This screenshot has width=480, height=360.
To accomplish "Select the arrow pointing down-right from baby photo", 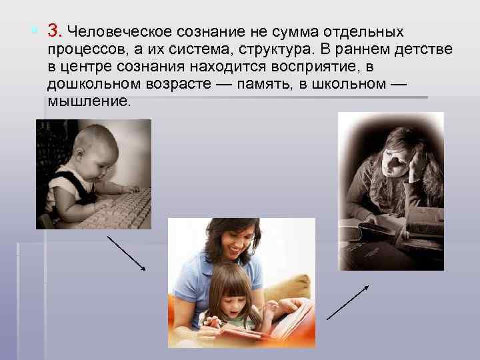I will [127, 253].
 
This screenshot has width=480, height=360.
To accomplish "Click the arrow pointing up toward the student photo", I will [347, 302].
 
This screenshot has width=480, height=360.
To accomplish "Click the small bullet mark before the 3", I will [34, 30].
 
